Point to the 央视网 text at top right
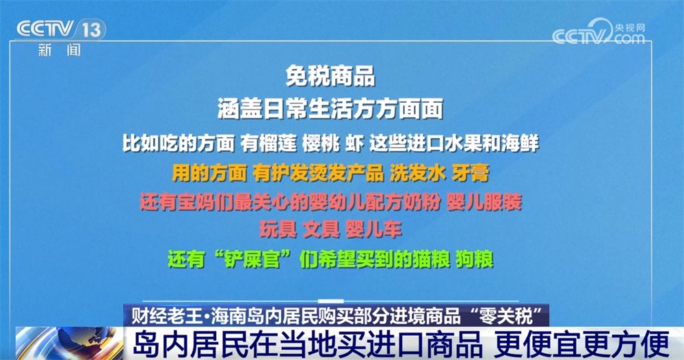click(629, 27)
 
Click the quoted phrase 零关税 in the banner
click(505, 317)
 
